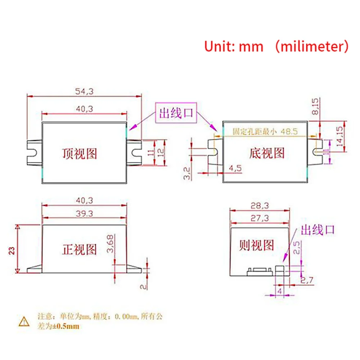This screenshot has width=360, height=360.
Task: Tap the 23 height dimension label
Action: pos(12,250)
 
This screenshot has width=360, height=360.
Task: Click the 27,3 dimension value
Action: pos(260,217)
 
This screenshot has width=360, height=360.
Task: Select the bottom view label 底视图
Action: pos(266,153)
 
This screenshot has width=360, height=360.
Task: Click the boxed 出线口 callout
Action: pos(176,114)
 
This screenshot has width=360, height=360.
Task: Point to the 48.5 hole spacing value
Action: pos(290,132)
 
